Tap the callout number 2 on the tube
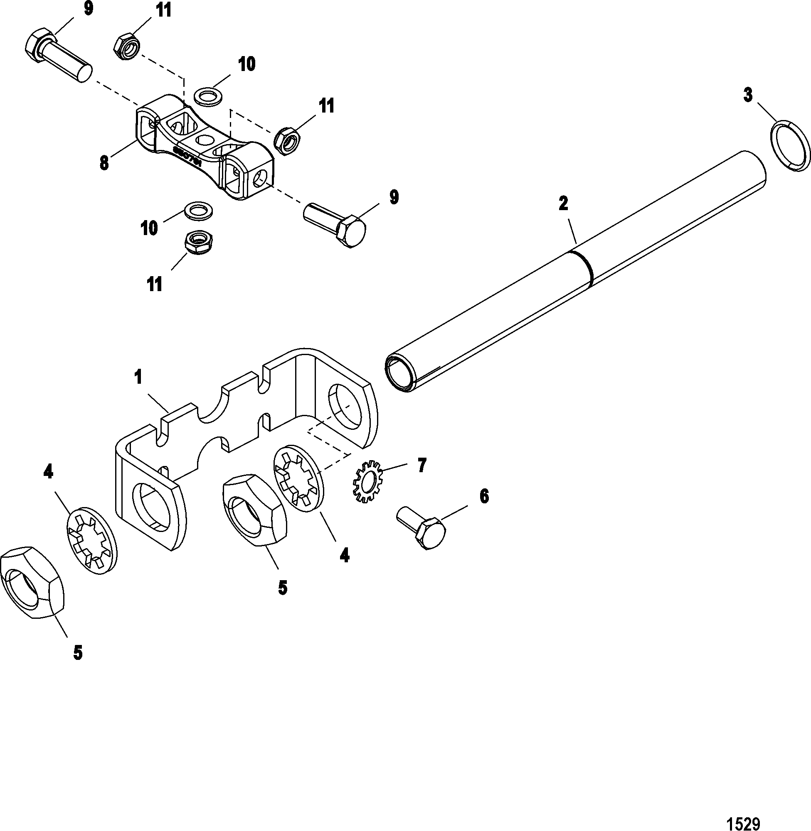pos(563,204)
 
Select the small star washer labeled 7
pos(367,481)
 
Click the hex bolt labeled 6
pos(422,527)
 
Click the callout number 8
pos(104,163)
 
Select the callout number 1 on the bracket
pos(138,378)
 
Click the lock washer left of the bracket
pos(92,540)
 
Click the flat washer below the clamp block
pos(200,211)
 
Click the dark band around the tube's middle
pos(583,267)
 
